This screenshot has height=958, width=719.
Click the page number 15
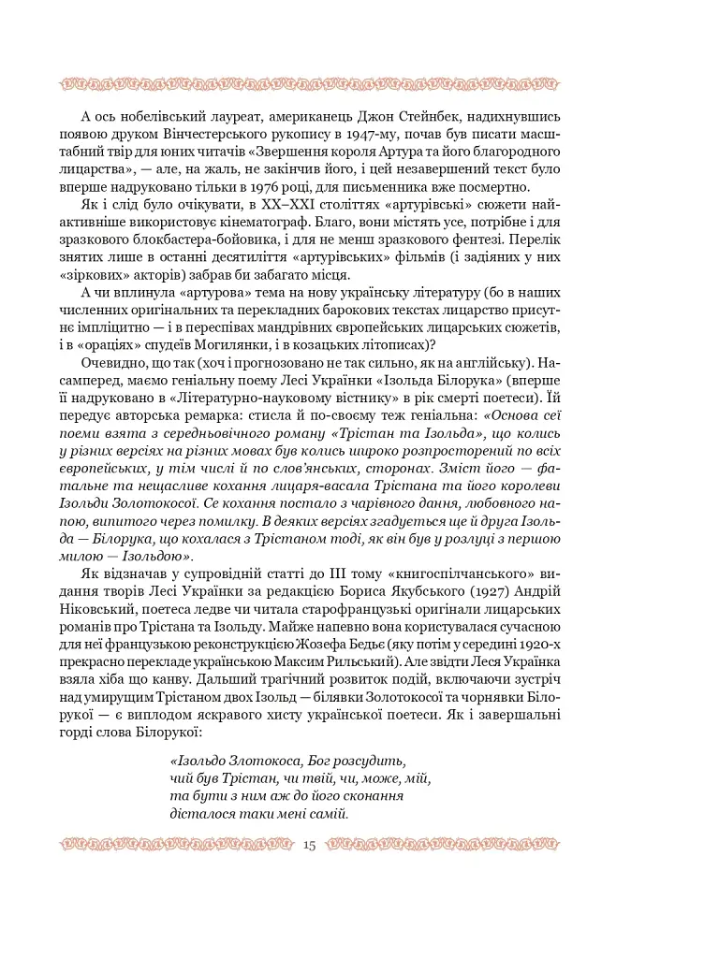coord(310,846)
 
